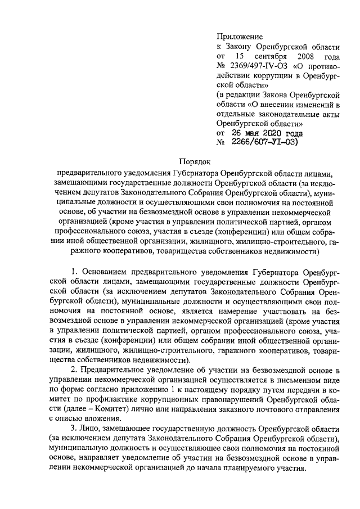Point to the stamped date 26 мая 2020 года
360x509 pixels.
click(x=265, y=133)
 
